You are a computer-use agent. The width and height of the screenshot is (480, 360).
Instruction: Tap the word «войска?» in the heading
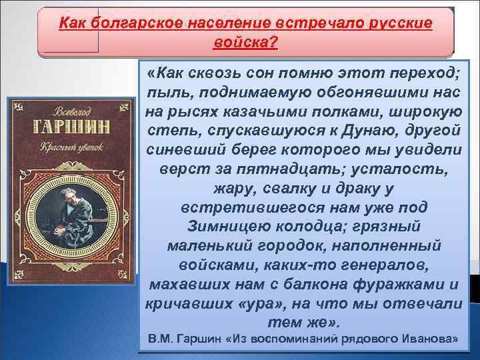(x=245, y=43)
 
